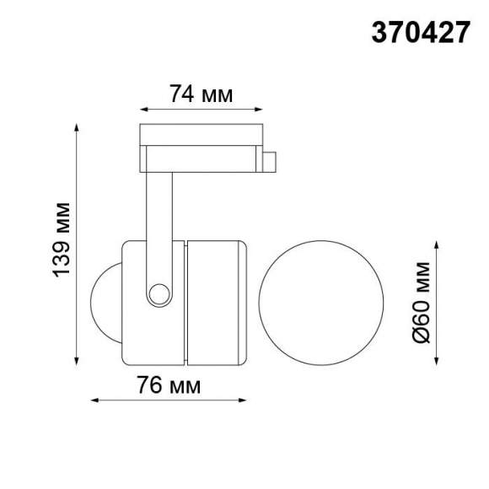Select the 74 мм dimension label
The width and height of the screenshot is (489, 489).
pyautogui.click(x=200, y=94)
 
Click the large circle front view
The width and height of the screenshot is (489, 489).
pyautogui.click(x=320, y=302)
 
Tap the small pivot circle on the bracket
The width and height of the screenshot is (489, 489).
pyautogui.click(x=158, y=293)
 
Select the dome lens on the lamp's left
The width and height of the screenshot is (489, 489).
pyautogui.click(x=105, y=302)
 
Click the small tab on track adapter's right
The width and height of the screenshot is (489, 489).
pyautogui.click(x=270, y=160)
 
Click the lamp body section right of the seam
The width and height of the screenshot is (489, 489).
pyautogui.click(x=216, y=302)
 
